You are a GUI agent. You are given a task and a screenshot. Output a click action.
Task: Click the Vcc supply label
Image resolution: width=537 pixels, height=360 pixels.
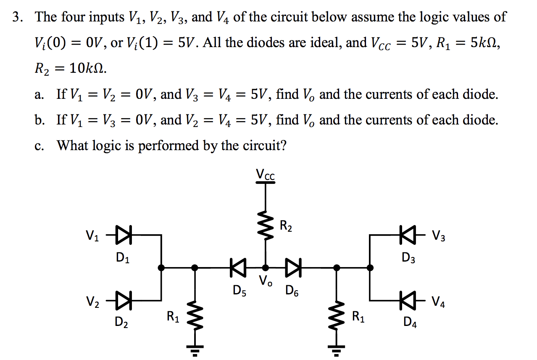(265, 175)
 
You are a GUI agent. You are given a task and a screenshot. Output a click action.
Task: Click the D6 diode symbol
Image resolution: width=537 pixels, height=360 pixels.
(293, 267)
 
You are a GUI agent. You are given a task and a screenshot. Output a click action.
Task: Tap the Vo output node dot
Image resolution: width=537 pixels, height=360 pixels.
(265, 267)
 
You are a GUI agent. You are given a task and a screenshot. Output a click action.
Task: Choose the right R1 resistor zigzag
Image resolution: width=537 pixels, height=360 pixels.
(336, 315)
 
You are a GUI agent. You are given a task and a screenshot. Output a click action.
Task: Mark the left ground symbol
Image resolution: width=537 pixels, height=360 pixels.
(195, 349)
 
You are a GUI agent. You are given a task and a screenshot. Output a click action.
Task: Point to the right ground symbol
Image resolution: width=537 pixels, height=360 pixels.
(336, 349)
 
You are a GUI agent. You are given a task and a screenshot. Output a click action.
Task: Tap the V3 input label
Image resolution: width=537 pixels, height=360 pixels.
(438, 236)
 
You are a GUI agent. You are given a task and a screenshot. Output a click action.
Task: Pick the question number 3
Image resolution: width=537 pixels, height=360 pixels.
(17, 17)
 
